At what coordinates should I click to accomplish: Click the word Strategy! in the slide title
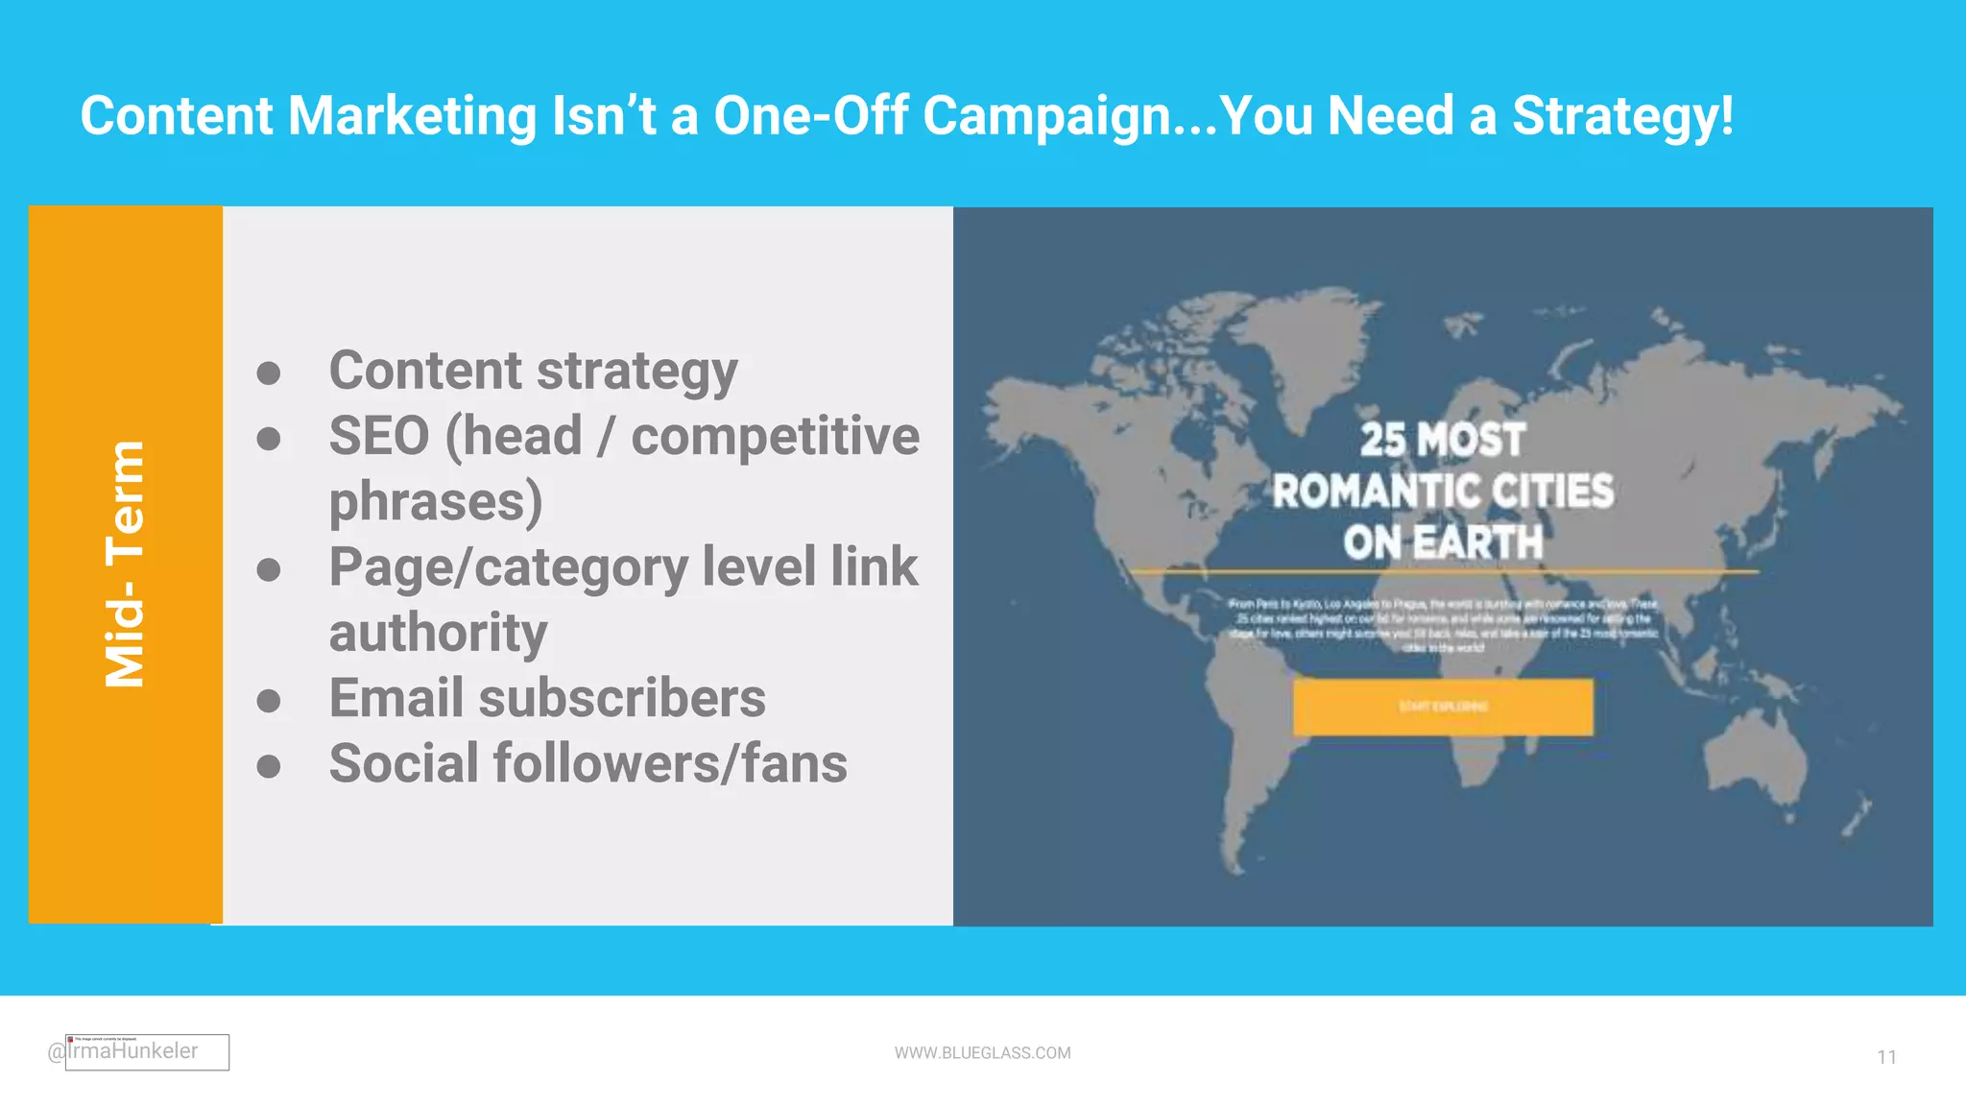(x=1622, y=116)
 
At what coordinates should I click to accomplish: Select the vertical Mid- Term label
(x=125, y=565)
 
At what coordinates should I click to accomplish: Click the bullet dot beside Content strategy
(x=269, y=373)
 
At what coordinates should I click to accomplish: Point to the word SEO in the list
(x=379, y=436)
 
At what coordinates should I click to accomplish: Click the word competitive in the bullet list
(x=775, y=436)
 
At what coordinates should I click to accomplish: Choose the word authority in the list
(x=438, y=633)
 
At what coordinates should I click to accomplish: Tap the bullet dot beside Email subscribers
(x=269, y=700)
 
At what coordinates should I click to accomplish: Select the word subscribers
(x=622, y=698)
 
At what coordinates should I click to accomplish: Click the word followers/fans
(x=670, y=763)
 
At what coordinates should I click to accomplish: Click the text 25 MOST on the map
(x=1442, y=440)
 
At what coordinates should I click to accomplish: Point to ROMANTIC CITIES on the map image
(x=1442, y=492)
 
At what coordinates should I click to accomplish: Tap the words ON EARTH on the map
(x=1442, y=542)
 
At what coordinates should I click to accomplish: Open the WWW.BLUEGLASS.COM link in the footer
(x=982, y=1053)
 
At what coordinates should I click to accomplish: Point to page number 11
(x=1886, y=1057)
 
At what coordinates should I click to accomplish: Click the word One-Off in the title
(x=811, y=116)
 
